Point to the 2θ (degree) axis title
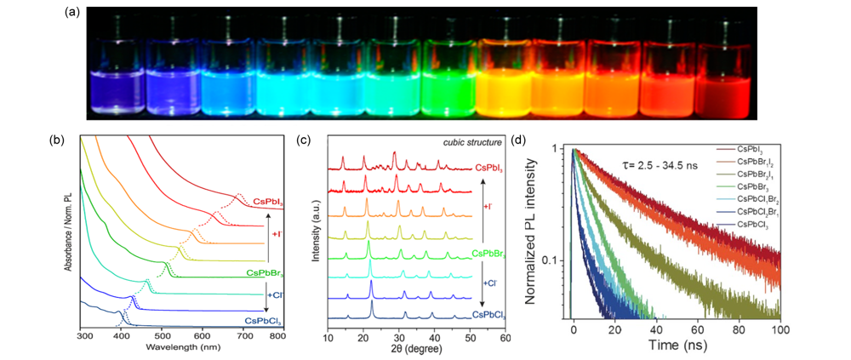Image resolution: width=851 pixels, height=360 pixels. [415, 350]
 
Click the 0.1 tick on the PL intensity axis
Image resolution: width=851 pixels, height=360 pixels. [551, 260]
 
